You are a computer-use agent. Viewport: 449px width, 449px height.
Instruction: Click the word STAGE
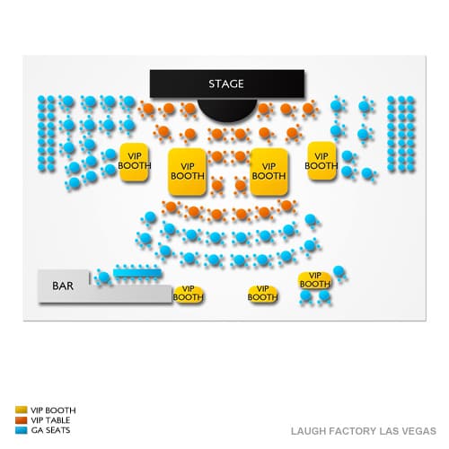pos(226,84)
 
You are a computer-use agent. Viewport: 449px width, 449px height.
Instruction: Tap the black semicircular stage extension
pos(227,110)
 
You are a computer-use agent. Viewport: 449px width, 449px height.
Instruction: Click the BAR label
pos(63,286)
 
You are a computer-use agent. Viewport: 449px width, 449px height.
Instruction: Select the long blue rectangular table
pos(137,273)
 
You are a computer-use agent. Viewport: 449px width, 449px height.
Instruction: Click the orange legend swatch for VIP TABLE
pos(22,420)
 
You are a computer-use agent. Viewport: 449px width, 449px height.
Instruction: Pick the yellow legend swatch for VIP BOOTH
pos(22,409)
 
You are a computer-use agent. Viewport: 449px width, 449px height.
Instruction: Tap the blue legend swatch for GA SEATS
pos(22,430)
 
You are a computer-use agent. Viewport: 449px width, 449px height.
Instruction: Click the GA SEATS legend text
pos(50,430)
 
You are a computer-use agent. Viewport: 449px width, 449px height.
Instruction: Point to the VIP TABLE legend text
pos(50,420)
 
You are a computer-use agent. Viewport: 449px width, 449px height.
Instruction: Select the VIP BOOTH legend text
pos(53,410)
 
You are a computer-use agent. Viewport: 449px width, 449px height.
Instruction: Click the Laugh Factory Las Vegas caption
pos(364,431)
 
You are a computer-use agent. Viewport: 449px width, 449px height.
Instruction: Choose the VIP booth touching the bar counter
pos(189,294)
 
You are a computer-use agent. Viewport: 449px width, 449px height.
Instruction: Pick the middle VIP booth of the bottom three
pos(262,294)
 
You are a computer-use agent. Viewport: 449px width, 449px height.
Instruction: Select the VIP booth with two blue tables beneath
pos(315,280)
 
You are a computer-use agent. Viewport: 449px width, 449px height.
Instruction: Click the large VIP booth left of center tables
pos(188,172)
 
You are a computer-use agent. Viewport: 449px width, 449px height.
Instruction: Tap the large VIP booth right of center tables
pos(269,172)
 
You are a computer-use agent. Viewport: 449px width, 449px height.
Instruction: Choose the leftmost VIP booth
pos(134,162)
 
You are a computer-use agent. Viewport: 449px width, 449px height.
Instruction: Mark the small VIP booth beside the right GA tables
pos(321,161)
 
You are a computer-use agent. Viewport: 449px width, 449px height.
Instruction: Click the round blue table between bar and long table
pos(104,277)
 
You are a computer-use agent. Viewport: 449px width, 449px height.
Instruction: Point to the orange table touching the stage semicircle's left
pos(189,109)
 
